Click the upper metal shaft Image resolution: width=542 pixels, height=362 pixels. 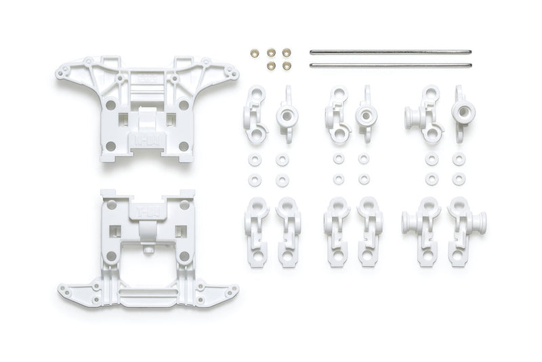point(390,52)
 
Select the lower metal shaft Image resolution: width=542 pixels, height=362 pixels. point(390,65)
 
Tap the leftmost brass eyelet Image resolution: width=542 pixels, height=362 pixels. point(255,52)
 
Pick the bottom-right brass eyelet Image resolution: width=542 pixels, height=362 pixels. point(287,66)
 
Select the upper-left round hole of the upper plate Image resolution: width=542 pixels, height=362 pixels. point(110,105)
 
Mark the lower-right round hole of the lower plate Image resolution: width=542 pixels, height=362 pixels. point(184,256)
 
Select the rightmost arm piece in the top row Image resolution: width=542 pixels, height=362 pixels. point(463,113)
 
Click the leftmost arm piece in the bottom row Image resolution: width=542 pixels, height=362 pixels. point(256,230)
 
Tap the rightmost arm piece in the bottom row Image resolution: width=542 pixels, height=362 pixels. point(467,230)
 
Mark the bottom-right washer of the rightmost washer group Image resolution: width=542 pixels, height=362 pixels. point(459,180)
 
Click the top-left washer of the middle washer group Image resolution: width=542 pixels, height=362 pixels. point(338,159)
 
